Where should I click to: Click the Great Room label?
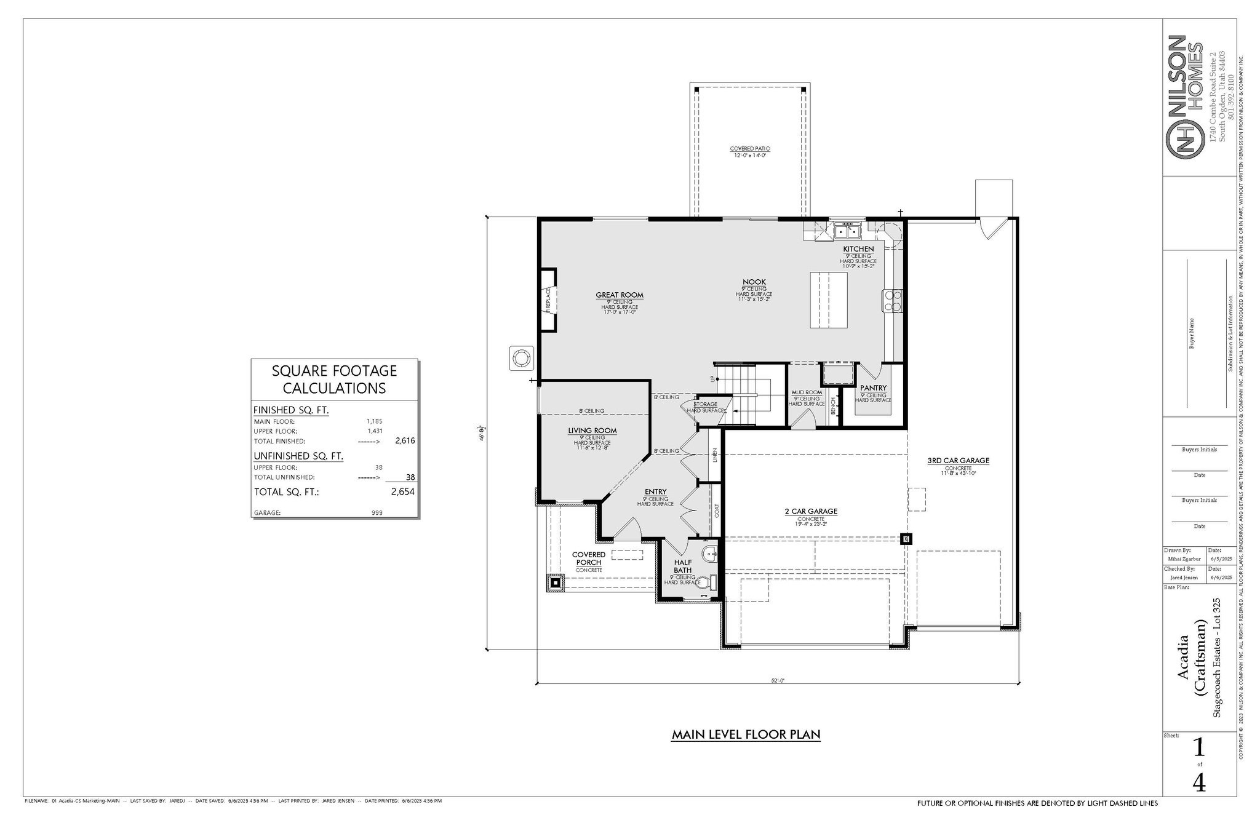619,295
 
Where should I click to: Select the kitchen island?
829,300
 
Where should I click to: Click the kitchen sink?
847,232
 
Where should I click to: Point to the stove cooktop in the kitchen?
892,301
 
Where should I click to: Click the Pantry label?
873,388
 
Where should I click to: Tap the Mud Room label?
806,392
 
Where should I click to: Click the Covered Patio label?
750,149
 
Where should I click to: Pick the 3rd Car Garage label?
958,461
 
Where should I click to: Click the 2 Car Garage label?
810,512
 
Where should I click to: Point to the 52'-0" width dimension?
778,680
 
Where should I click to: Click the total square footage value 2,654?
402,491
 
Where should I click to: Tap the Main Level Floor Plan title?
746,734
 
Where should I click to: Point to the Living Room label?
592,431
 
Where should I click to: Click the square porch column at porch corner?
556,582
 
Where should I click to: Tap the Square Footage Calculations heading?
334,380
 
